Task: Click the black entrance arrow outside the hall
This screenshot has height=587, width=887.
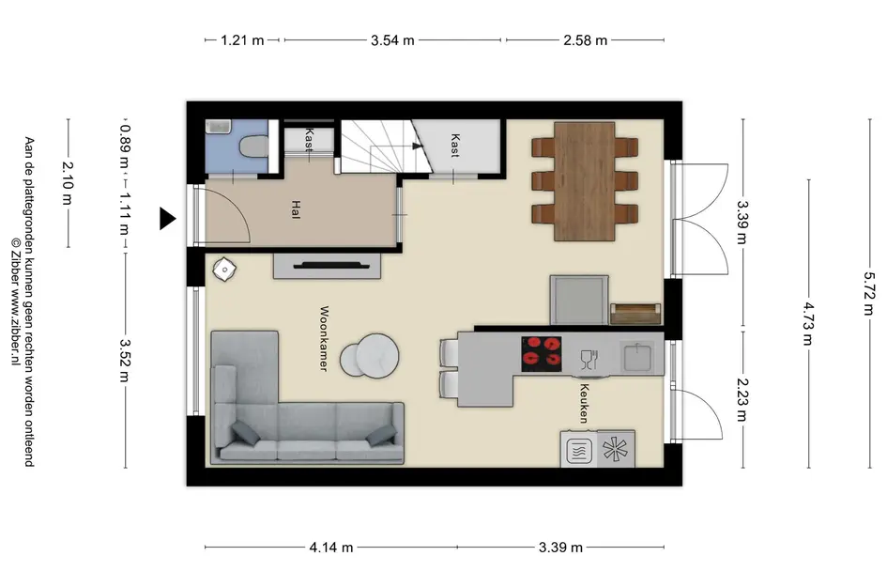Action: click(167, 219)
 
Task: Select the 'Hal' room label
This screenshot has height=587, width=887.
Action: click(296, 209)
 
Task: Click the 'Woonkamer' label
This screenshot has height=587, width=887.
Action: click(324, 338)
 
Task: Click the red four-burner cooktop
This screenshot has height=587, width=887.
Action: click(542, 354)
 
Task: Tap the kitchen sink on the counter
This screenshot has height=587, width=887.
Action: click(637, 357)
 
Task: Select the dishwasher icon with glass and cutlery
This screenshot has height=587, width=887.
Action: click(589, 360)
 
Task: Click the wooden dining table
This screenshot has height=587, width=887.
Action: click(585, 181)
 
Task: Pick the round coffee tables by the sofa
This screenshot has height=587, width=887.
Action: click(370, 356)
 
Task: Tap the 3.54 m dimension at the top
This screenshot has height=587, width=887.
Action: click(392, 40)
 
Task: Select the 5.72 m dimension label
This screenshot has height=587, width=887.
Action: click(869, 293)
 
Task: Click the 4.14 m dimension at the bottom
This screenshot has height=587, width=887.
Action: click(331, 548)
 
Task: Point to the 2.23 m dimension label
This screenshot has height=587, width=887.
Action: click(742, 400)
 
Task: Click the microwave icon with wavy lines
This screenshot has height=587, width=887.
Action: click(579, 451)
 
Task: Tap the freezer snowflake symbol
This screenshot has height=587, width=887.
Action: click(615, 450)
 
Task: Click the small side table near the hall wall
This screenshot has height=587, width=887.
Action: click(224, 269)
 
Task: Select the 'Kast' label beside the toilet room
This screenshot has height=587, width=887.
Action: click(309, 139)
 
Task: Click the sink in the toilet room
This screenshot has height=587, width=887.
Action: click(218, 127)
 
